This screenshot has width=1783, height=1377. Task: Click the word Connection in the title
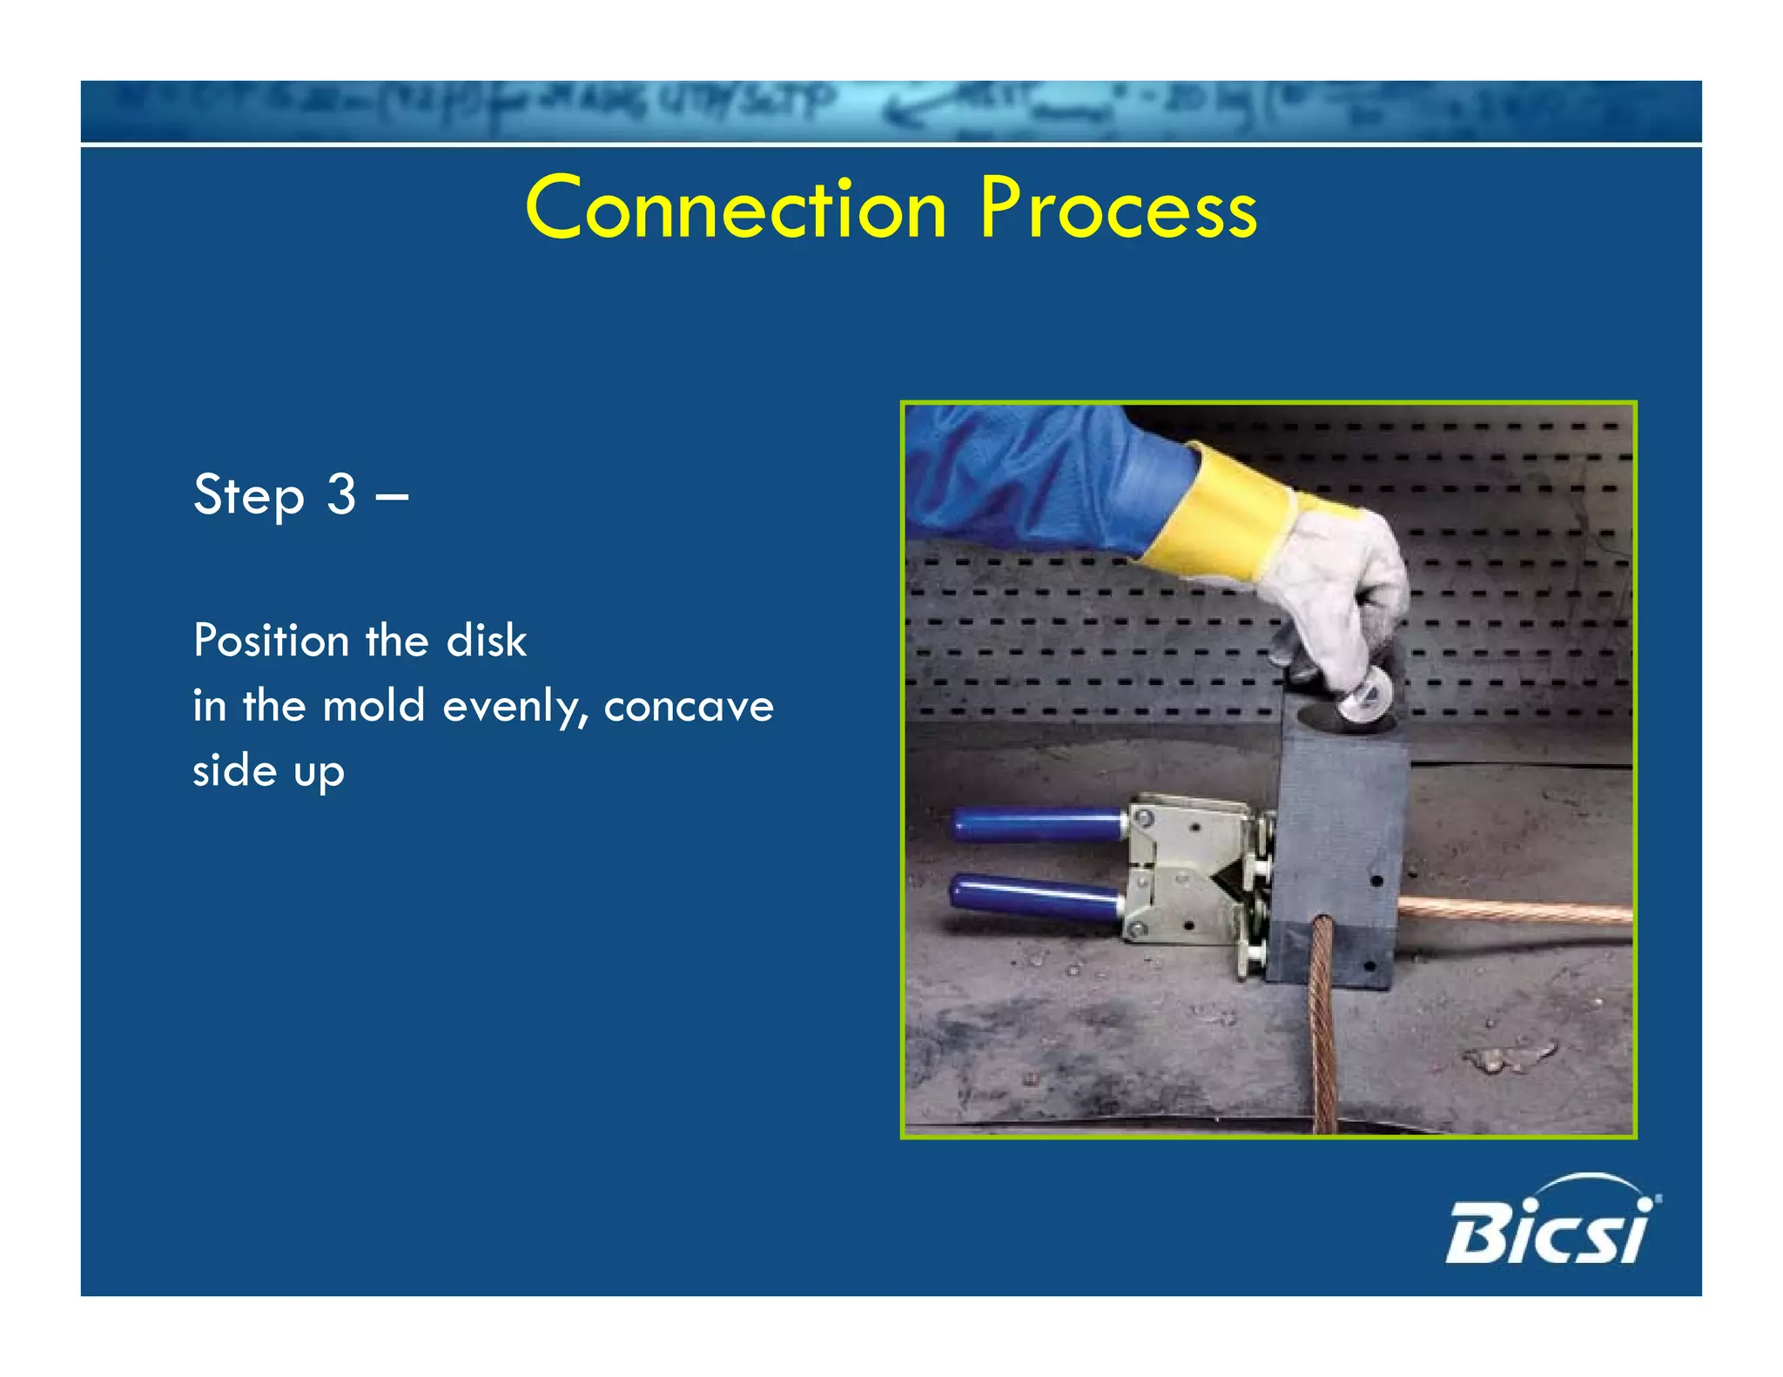coord(736,209)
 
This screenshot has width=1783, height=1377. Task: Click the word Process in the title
coord(1118,209)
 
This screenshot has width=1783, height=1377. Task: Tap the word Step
coord(248,496)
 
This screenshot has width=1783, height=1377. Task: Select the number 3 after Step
coord(341,494)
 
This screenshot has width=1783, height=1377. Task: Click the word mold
coord(373,706)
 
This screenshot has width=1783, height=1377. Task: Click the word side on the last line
coord(234,771)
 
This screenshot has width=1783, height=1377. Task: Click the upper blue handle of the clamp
coord(1036,824)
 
